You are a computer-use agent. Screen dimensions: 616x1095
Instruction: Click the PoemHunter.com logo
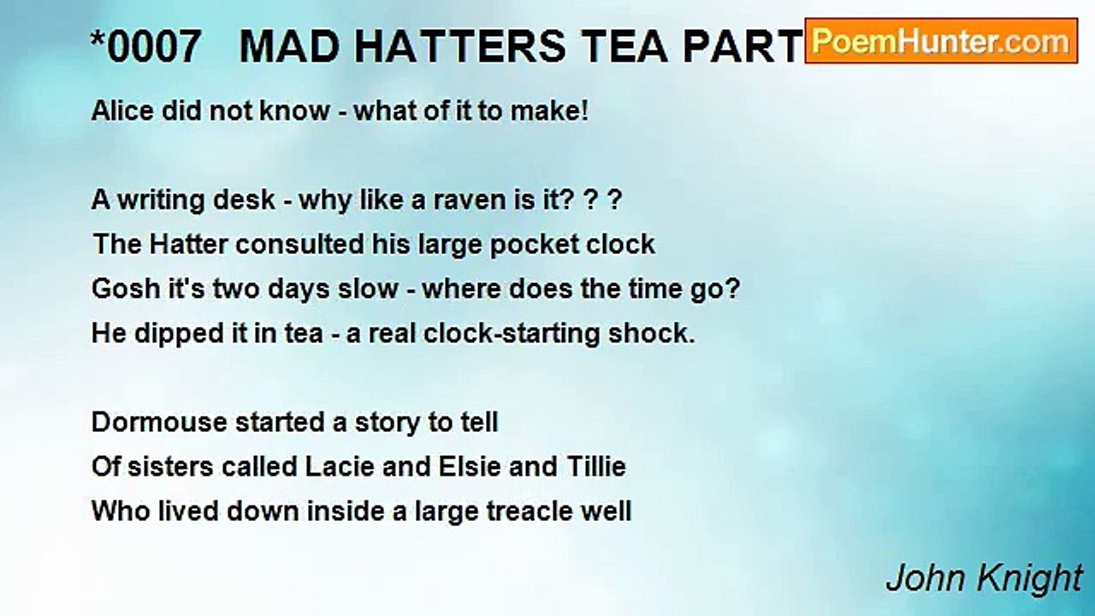click(x=940, y=41)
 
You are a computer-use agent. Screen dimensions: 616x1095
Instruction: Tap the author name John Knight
click(x=984, y=578)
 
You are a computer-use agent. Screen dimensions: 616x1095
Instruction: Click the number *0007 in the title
click(x=145, y=48)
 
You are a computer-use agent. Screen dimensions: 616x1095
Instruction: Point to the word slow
click(x=370, y=289)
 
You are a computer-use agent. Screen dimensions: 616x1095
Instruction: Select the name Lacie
click(x=328, y=467)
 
